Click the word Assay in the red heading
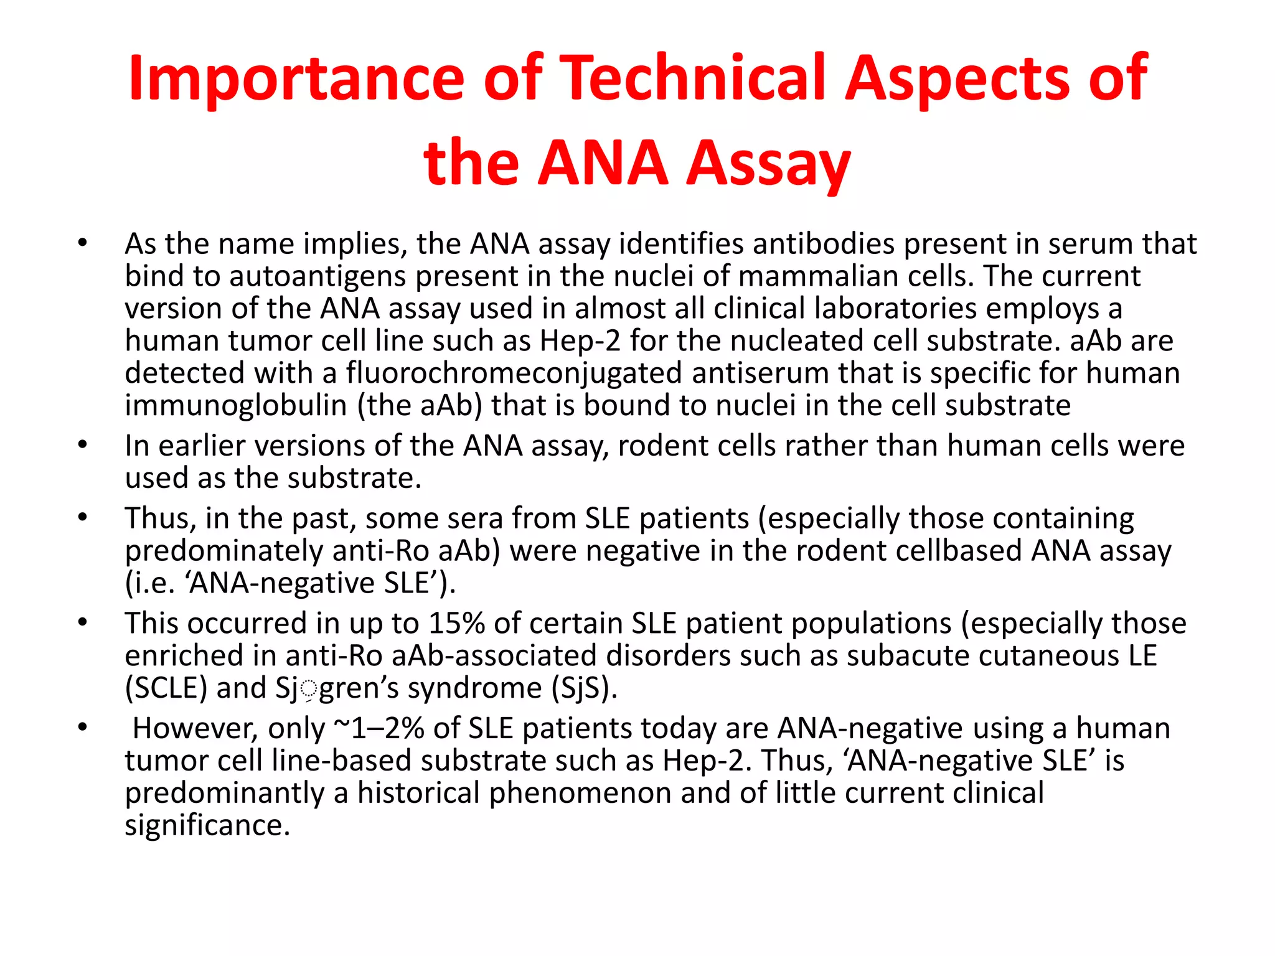pyautogui.click(x=768, y=163)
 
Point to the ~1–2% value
pyautogui.click(x=379, y=728)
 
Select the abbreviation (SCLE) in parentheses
pyautogui.click(x=166, y=688)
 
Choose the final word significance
pyautogui.click(x=207, y=825)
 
